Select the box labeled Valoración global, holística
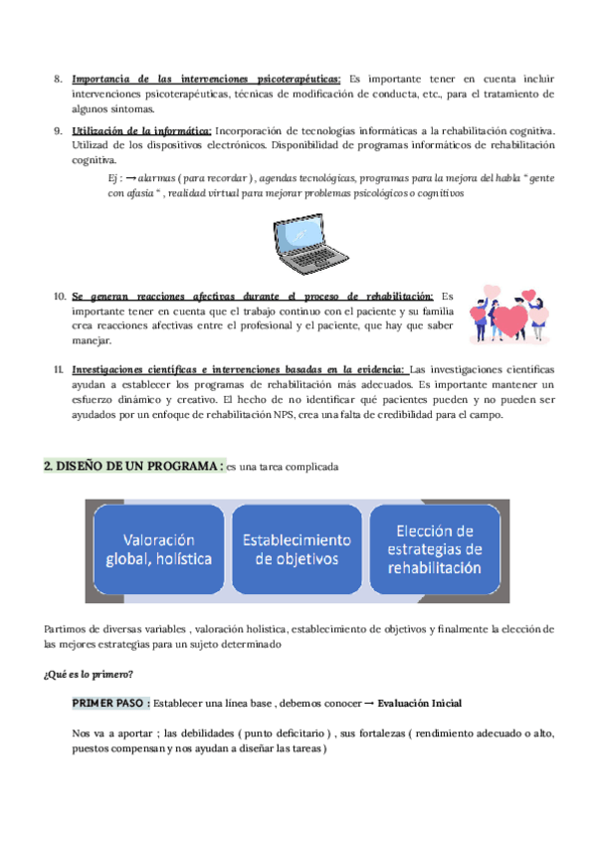(159, 549)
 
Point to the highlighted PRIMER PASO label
(111, 704)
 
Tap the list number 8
(58, 79)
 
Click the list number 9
(58, 130)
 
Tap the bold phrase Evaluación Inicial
(420, 704)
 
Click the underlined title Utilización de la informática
(141, 130)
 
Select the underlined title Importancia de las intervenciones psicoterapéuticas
(206, 79)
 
